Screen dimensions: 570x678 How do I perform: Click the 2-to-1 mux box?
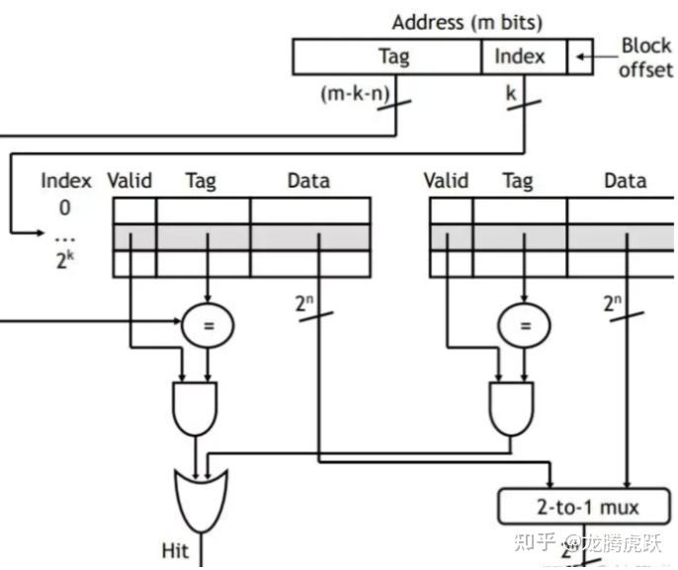click(581, 508)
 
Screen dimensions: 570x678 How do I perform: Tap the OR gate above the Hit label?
click(199, 494)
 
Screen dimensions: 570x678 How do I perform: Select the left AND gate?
click(195, 408)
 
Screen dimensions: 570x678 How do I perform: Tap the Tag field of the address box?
click(393, 56)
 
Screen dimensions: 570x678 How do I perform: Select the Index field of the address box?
click(520, 56)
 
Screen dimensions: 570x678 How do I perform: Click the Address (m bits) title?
click(466, 22)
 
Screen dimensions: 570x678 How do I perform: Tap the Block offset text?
click(645, 58)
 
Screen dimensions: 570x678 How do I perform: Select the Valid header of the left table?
click(129, 181)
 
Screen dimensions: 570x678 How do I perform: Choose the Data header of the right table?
click(625, 181)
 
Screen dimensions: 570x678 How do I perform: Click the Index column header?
click(66, 181)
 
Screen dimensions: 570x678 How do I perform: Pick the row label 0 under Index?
click(65, 207)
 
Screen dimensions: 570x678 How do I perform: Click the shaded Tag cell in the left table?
click(203, 237)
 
